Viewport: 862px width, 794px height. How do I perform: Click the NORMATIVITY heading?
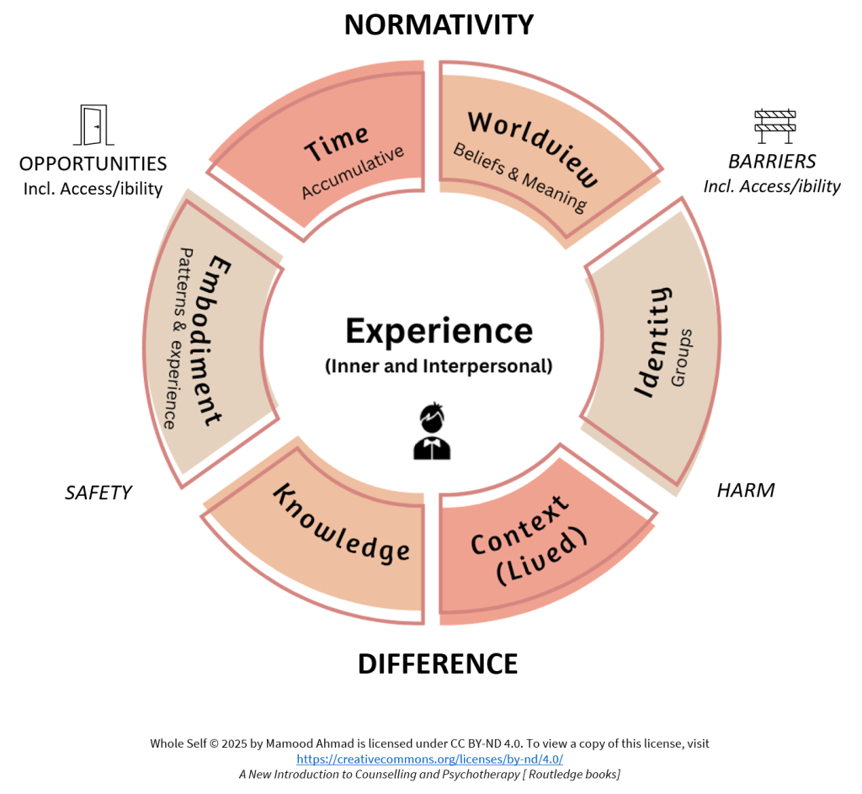point(439,24)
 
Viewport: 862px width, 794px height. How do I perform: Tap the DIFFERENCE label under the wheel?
point(438,663)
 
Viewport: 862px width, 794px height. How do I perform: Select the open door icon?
point(93,125)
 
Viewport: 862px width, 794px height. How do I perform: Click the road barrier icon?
point(774,125)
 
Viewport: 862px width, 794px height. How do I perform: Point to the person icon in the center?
point(432,432)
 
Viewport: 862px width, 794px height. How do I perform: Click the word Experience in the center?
point(439,331)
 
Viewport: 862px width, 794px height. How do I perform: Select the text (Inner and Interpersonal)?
point(439,366)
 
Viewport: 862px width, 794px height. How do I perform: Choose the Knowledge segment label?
point(341,524)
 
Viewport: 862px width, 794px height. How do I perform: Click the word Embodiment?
point(214,340)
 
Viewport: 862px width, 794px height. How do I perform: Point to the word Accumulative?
point(353,172)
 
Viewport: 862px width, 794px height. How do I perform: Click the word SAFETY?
point(98,493)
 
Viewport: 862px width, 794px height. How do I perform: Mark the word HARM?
point(745,490)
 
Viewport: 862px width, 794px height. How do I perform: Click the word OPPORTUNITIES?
point(93,163)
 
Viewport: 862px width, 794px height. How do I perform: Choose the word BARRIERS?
point(772,162)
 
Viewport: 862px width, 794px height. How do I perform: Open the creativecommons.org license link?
point(429,759)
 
